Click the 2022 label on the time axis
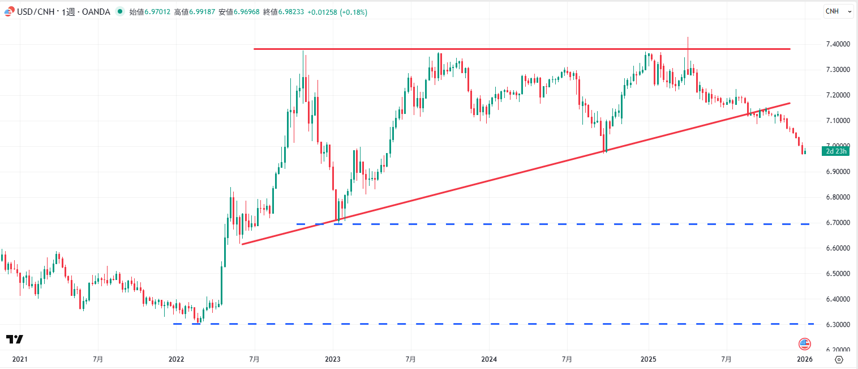(176, 359)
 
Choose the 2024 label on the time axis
(489, 359)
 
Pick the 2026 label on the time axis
(805, 359)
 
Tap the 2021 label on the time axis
(19, 359)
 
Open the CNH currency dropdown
(838, 11)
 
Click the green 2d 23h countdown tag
(836, 151)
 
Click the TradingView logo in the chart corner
(15, 340)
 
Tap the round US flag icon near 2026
(805, 343)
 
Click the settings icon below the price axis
(839, 359)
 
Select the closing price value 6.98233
(290, 12)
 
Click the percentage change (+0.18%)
(353, 12)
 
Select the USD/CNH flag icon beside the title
(8, 12)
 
